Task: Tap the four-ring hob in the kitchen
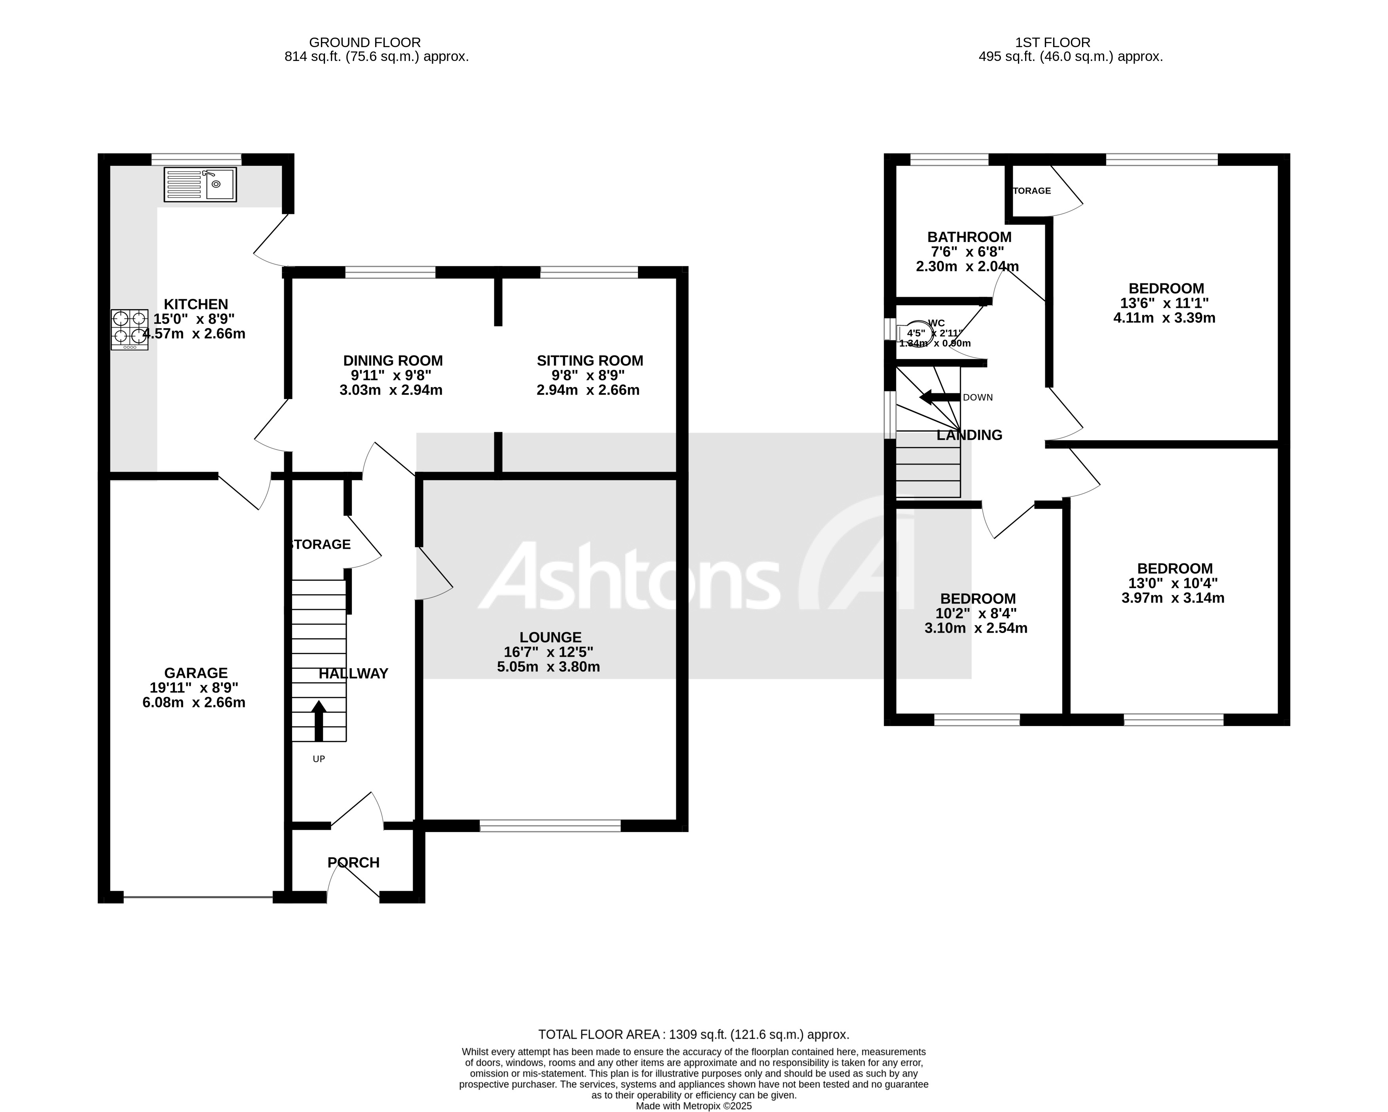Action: (x=129, y=330)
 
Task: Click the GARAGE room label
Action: (x=196, y=673)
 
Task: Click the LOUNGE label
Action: (x=551, y=637)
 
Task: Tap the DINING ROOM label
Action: (x=393, y=361)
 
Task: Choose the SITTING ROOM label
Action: (x=590, y=361)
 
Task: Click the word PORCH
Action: (x=353, y=862)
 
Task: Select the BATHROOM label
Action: (x=969, y=237)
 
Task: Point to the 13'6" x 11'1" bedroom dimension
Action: (x=1165, y=303)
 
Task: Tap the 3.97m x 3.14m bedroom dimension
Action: (x=1173, y=598)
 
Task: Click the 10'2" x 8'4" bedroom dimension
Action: (x=976, y=614)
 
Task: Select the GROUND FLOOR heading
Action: (x=365, y=42)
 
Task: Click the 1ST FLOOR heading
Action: (x=1053, y=42)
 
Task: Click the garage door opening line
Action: (x=198, y=897)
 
